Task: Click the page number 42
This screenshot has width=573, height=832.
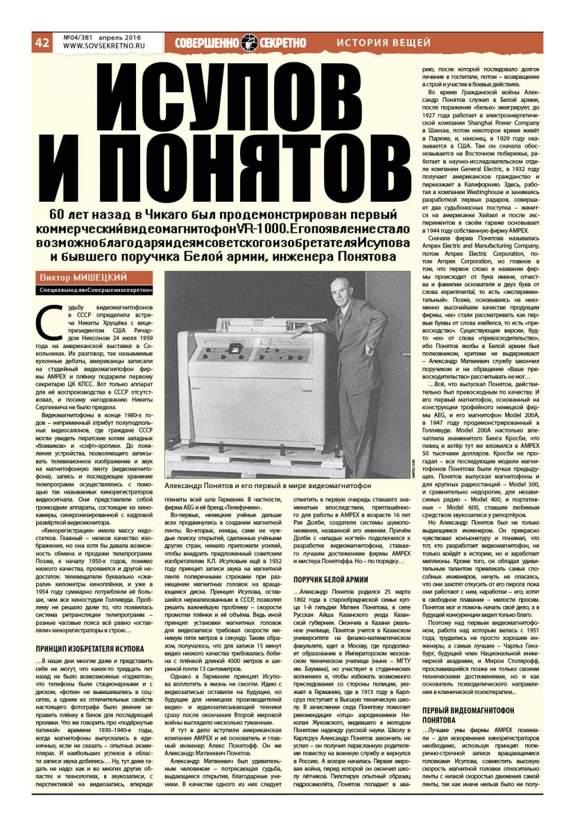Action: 42,42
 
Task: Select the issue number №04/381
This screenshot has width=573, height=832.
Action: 78,37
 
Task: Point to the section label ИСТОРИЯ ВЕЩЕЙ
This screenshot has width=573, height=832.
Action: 384,43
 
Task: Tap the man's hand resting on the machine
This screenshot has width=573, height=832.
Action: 299,332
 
